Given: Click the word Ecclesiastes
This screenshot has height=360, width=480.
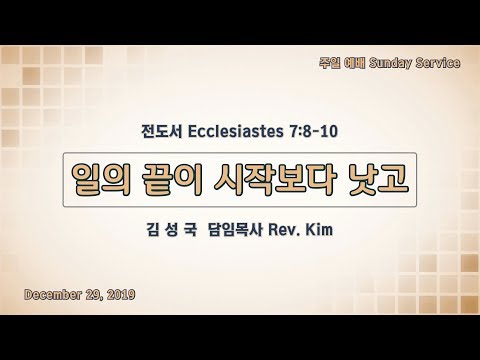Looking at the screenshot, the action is coord(235,131).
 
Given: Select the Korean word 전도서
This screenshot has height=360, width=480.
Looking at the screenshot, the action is coord(162,131).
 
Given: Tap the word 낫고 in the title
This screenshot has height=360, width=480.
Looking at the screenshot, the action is coord(378,179).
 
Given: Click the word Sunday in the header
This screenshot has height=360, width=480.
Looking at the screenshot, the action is coord(390,63).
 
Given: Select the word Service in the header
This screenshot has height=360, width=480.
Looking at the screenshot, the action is coord(438,63).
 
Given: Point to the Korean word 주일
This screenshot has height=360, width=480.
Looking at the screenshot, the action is coord(330,63).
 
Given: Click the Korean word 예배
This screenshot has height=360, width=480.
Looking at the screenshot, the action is coord(355,63).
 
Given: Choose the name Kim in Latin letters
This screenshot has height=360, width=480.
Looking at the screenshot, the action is coord(319,230).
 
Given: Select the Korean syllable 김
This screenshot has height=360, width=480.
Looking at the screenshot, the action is coord(153,230).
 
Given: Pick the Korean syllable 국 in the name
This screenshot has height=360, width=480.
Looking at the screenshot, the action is coord(190,230).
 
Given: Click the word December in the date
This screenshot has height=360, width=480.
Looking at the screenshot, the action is coord(53,295).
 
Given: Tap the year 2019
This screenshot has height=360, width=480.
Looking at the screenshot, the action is coord(121,295).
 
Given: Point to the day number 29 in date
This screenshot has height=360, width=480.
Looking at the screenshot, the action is coord(94,295).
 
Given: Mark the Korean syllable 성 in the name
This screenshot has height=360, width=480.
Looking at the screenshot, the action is coord(171,230).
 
